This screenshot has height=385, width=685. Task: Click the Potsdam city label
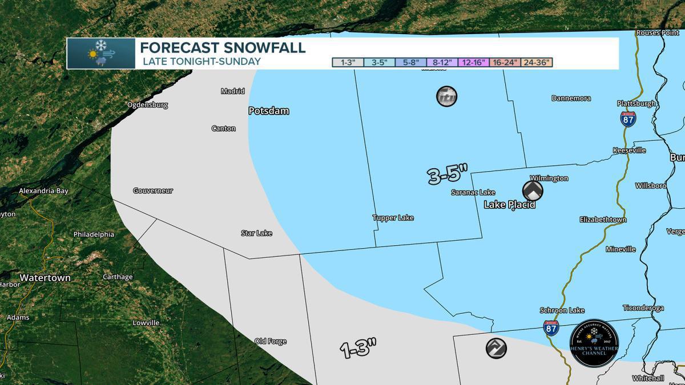point(268,111)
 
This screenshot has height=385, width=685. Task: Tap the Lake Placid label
point(509,205)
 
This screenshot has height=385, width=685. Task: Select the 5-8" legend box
point(410,63)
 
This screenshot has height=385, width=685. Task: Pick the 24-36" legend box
point(537,63)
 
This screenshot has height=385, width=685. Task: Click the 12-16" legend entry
point(473,63)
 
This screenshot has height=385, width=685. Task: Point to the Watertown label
point(45,278)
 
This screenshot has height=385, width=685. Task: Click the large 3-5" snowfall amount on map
point(448,175)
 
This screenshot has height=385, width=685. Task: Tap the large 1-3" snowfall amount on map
point(359,348)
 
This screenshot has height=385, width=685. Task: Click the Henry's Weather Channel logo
point(594,343)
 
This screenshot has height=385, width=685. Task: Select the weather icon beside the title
point(101,54)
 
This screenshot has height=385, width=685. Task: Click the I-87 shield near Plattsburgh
point(628,119)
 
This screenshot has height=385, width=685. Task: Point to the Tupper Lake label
point(393,218)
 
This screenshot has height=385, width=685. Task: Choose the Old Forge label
point(271,341)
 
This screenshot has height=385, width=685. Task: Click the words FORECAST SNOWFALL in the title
point(223,47)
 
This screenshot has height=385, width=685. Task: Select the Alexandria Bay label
point(43,191)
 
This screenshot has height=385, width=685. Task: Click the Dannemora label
point(571,98)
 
